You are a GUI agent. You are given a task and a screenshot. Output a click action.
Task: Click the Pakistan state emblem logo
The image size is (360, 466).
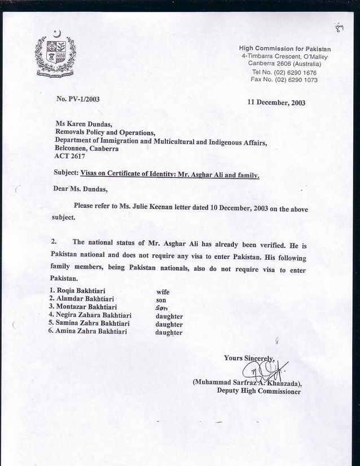(55, 55)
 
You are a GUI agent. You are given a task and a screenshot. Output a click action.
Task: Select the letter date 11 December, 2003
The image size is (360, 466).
(276, 102)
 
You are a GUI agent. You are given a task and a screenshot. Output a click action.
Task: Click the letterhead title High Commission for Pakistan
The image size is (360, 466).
(285, 49)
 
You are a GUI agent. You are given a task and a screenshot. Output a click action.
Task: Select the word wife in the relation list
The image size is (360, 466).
(163, 292)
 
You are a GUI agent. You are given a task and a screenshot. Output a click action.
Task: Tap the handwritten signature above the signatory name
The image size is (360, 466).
(264, 371)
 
